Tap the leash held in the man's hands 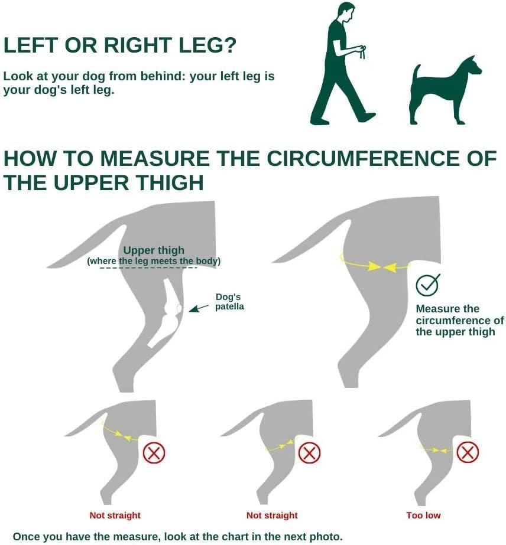362,53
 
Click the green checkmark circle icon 428,285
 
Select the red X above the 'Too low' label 468,452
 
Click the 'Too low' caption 423,515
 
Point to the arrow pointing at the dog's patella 199,308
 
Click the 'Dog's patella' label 229,302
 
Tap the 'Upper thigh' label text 154,250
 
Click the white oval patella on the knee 179,308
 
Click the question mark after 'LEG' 229,45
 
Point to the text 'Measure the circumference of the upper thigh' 459,320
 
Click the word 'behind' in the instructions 160,76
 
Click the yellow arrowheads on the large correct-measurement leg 381,267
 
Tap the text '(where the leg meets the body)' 154,261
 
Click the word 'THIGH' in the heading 169,182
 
